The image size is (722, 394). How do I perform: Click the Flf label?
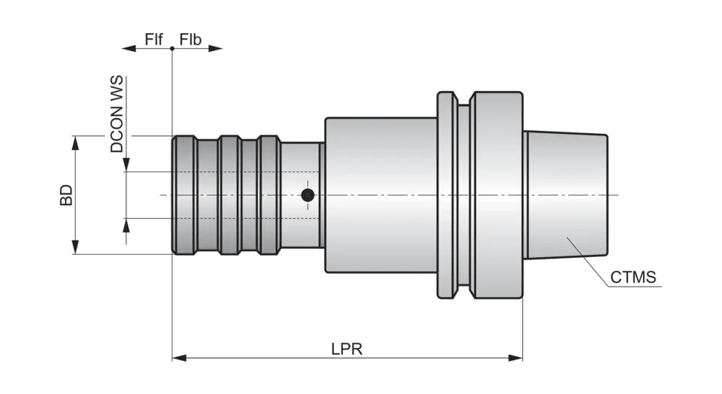click(x=154, y=38)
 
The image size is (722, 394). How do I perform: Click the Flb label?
click(x=190, y=38)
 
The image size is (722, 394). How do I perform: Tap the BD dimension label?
click(x=67, y=195)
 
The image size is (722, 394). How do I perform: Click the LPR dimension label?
click(x=347, y=349)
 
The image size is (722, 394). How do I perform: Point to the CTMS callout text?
click(x=633, y=277)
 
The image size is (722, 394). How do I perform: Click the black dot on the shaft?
click(x=307, y=195)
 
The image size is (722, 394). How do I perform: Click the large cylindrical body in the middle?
click(x=380, y=195)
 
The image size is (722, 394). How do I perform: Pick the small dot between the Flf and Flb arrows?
click(x=172, y=49)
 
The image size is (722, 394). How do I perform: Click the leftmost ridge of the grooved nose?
click(x=184, y=195)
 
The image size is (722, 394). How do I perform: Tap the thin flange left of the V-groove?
click(x=446, y=195)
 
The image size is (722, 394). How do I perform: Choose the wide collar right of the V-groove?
click(x=496, y=195)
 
